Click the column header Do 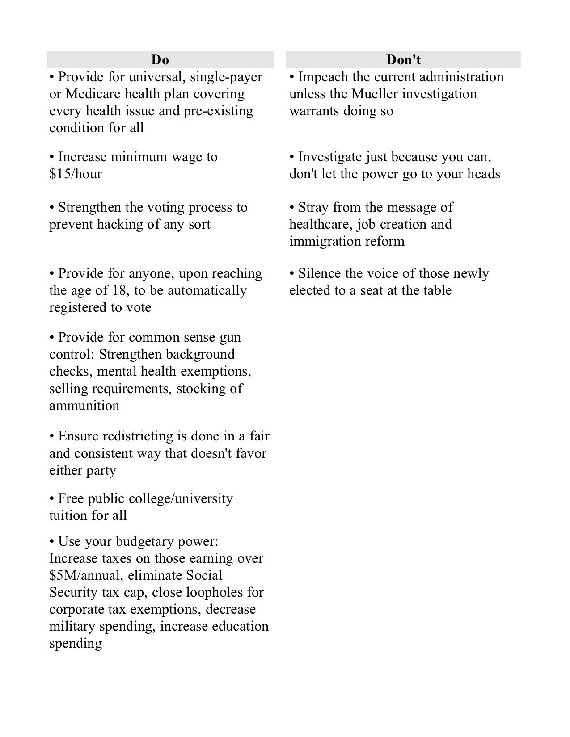point(160,59)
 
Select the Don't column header point(403,59)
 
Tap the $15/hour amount point(76,174)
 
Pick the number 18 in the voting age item point(114,290)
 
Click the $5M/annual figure point(84,575)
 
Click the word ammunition point(84,406)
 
